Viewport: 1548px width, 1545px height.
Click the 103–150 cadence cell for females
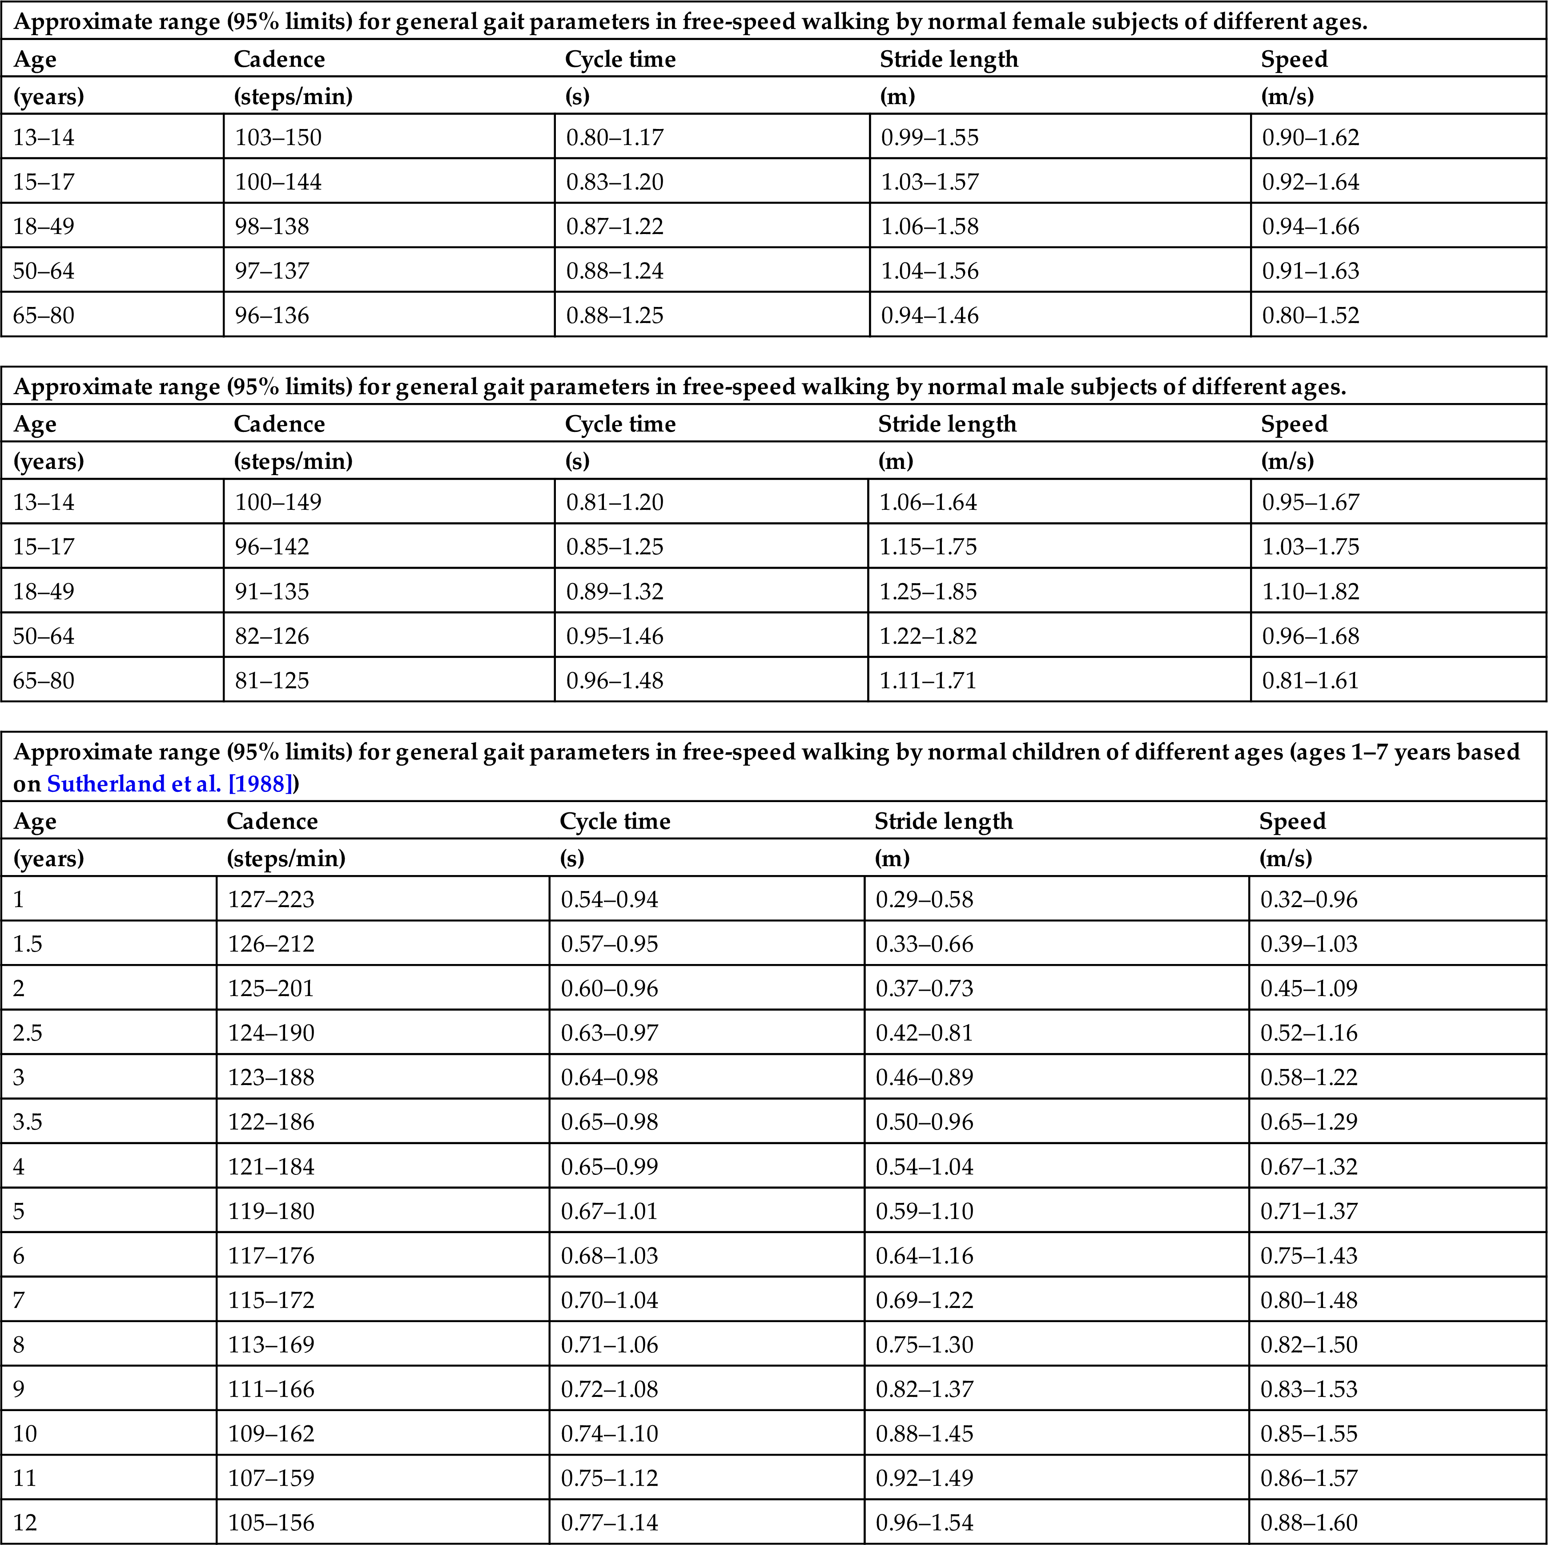pos(278,137)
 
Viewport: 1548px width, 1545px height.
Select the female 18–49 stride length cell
pos(929,226)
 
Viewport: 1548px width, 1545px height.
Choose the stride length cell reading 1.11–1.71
pos(928,680)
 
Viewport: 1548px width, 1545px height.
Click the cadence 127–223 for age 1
pos(271,899)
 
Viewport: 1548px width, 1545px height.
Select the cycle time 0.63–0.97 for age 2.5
pos(609,1033)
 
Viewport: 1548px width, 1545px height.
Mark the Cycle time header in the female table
pos(620,59)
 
